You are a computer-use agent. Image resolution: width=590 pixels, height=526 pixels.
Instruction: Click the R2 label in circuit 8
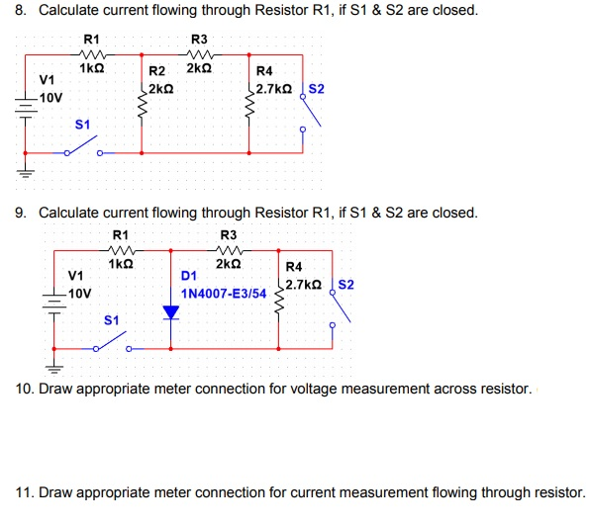[x=156, y=71]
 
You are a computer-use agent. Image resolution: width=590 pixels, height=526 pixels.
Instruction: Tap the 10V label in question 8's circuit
[x=50, y=98]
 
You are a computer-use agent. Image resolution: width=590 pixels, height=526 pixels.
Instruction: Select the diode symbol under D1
[x=172, y=312]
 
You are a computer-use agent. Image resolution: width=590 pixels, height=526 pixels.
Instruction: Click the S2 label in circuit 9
[x=346, y=285]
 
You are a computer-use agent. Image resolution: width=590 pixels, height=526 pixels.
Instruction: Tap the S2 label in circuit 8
[x=317, y=88]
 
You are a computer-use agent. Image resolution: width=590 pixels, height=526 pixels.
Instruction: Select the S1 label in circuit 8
[x=83, y=124]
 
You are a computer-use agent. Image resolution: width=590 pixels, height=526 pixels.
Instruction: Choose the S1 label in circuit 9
[x=112, y=320]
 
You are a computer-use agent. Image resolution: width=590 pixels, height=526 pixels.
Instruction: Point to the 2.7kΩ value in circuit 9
[x=303, y=285]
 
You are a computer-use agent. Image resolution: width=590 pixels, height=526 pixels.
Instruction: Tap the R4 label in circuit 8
[x=264, y=71]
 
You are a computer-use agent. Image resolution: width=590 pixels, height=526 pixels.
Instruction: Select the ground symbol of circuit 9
[x=54, y=366]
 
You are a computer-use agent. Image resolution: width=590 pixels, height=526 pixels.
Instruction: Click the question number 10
[x=25, y=389]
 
